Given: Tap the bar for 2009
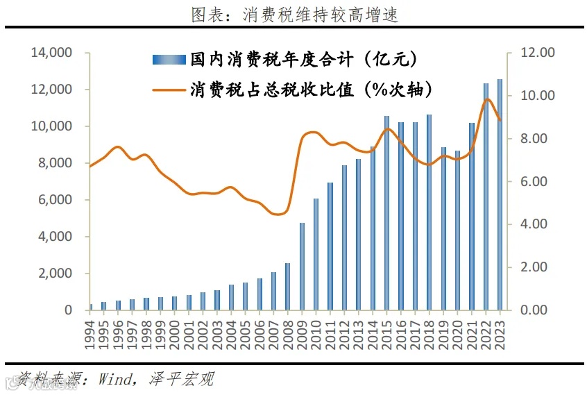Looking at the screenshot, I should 302,267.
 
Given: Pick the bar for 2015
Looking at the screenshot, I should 387,213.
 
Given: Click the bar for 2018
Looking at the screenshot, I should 429,212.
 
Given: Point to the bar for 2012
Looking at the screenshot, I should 344,237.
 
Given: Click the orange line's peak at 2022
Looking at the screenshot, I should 487,99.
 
